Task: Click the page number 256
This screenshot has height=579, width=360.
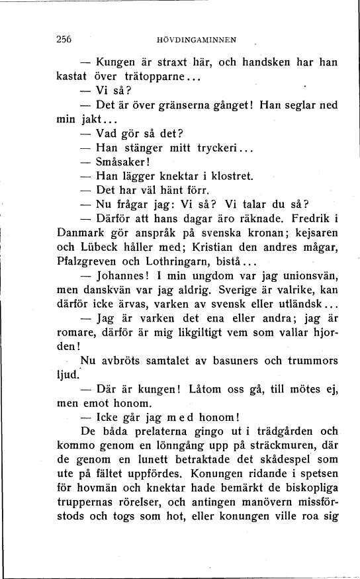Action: [64, 40]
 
